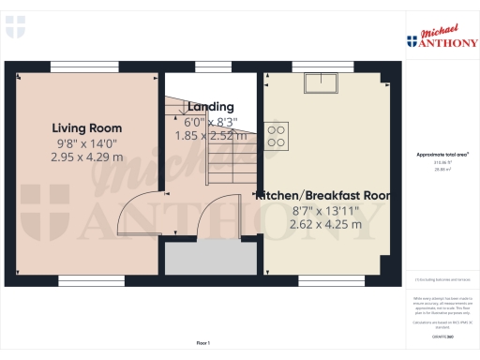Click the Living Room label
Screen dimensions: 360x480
pos(86,127)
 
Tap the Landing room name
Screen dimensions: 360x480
pos(211,107)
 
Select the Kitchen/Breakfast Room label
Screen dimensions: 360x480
pos(322,195)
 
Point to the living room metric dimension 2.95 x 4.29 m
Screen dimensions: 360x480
pos(86,157)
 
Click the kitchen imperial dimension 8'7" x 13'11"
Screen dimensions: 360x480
pos(322,210)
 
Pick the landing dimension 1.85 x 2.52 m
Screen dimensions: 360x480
pos(211,135)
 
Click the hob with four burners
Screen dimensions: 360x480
pos(277,136)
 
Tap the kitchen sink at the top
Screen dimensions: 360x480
pos(322,85)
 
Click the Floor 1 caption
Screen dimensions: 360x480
pos(203,343)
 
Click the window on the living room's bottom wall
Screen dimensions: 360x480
pos(84,280)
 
